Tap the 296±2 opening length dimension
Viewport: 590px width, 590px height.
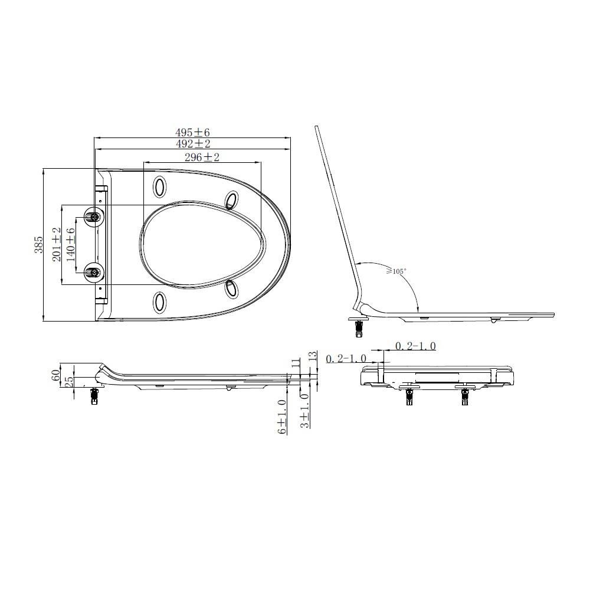coord(202,157)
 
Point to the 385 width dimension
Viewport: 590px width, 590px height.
coord(39,244)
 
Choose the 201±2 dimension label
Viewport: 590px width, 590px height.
coord(57,244)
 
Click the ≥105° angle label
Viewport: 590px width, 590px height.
coord(396,271)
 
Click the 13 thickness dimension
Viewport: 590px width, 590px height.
coord(312,357)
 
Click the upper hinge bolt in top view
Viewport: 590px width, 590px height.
coord(93,217)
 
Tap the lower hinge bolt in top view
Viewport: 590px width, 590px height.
coord(93,273)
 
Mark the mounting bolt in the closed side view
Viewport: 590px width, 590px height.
coord(93,396)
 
